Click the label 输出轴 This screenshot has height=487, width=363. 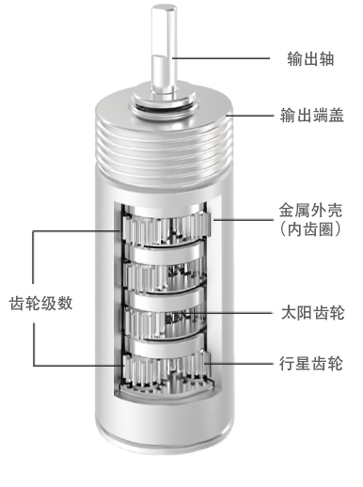pos(310,58)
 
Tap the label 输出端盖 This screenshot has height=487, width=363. pos(312,115)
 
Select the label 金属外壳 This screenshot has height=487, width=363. pos(310,211)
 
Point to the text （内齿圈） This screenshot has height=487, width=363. pos(310,229)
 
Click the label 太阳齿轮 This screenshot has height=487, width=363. pos(313,313)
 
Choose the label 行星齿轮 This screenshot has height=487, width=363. pos(311,364)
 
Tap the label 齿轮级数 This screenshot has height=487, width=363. pos(41,304)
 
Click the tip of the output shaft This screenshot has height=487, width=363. pos(163,9)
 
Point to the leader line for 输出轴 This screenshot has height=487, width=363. pos(221,58)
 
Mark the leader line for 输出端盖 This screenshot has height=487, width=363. pos(250,116)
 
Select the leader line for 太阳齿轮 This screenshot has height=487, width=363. pos(233,313)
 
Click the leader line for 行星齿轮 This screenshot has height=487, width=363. pos(239,364)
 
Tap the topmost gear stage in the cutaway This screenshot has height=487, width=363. pos(166,228)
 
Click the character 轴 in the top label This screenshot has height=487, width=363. pos(326,58)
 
